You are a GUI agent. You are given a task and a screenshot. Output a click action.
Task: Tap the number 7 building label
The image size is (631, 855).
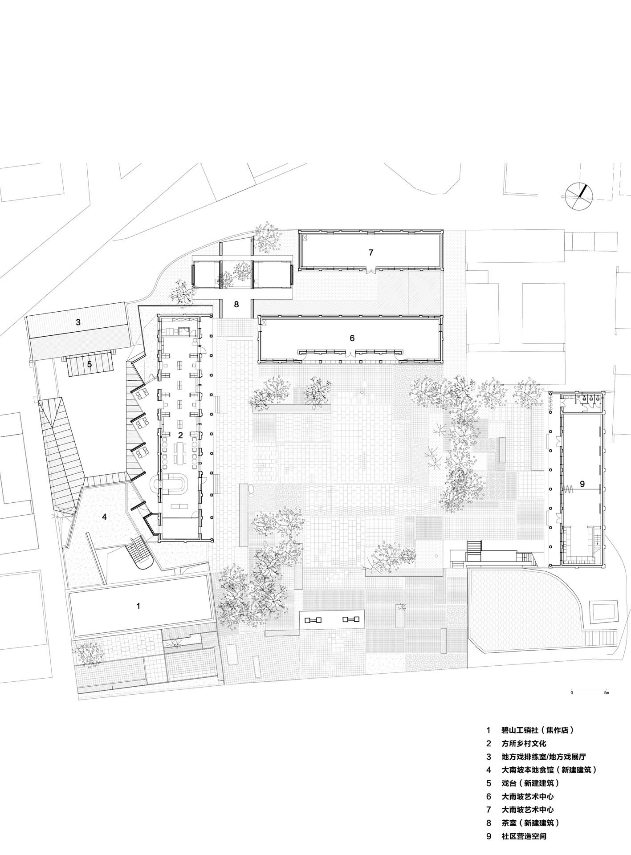pos(371,252)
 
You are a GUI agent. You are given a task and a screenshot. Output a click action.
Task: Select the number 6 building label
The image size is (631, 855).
pos(352,338)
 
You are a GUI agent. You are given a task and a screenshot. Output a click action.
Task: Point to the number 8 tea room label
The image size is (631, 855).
pos(236,305)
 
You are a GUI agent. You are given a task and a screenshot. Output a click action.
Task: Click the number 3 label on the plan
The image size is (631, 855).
pos(78,322)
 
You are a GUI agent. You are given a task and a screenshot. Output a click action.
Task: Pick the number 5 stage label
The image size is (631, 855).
pos(89,364)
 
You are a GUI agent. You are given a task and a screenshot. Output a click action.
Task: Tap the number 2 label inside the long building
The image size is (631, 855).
pos(180,435)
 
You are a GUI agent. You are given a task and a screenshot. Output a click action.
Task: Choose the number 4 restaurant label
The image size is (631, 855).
pos(104,517)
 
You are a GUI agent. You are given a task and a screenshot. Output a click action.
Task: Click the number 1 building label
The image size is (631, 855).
pos(138,606)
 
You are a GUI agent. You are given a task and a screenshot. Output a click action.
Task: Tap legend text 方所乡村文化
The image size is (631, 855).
pos(524,743)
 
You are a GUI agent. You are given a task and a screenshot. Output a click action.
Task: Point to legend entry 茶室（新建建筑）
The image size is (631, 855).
pos(530,822)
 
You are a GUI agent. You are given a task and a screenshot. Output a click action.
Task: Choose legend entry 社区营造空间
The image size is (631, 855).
pos(524,836)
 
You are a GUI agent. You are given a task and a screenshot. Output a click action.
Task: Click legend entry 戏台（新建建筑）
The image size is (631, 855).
pos(530,783)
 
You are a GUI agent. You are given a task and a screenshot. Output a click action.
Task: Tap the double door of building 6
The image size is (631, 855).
pos(351,354)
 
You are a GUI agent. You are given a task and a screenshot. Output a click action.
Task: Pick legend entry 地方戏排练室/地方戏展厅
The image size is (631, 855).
pos(545,757)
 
